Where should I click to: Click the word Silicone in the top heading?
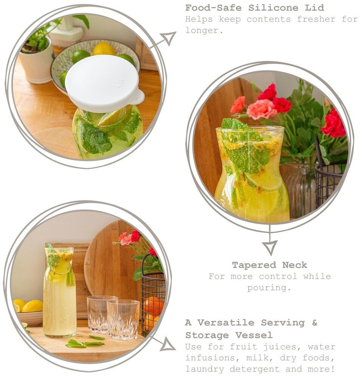click(273, 8)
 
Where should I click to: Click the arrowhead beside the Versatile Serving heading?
click(168, 345)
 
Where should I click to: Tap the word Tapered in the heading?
click(254, 265)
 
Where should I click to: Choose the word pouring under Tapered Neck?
click(269, 288)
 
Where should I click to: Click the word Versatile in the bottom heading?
click(226, 323)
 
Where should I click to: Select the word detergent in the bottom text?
click(255, 368)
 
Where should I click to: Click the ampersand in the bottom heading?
click(315, 323)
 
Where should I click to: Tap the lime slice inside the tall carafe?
click(61, 268)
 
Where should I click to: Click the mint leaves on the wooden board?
click(85, 342)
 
